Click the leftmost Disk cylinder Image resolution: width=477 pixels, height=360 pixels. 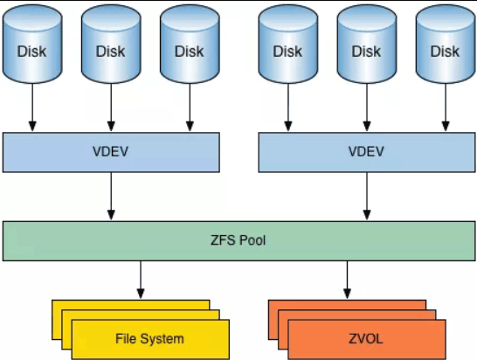[x=32, y=49]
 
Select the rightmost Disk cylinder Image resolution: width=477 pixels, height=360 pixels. [x=445, y=49]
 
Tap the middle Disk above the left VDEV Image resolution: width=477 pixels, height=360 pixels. [x=111, y=49]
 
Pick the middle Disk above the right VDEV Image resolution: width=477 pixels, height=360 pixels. [x=366, y=49]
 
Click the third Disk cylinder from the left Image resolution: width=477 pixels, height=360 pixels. [x=190, y=49]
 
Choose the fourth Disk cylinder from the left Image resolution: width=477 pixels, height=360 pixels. [x=287, y=49]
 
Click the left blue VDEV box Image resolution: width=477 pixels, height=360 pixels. [x=111, y=152]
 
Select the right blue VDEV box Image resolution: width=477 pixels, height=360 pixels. [x=366, y=152]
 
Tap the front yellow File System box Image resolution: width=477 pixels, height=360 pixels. [x=149, y=339]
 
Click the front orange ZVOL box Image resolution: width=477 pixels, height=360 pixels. [x=366, y=339]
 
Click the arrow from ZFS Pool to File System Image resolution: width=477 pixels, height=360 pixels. [x=140, y=280]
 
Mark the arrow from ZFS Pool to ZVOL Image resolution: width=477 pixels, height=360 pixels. [x=347, y=280]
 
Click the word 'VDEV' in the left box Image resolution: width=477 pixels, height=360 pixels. [x=111, y=152]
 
